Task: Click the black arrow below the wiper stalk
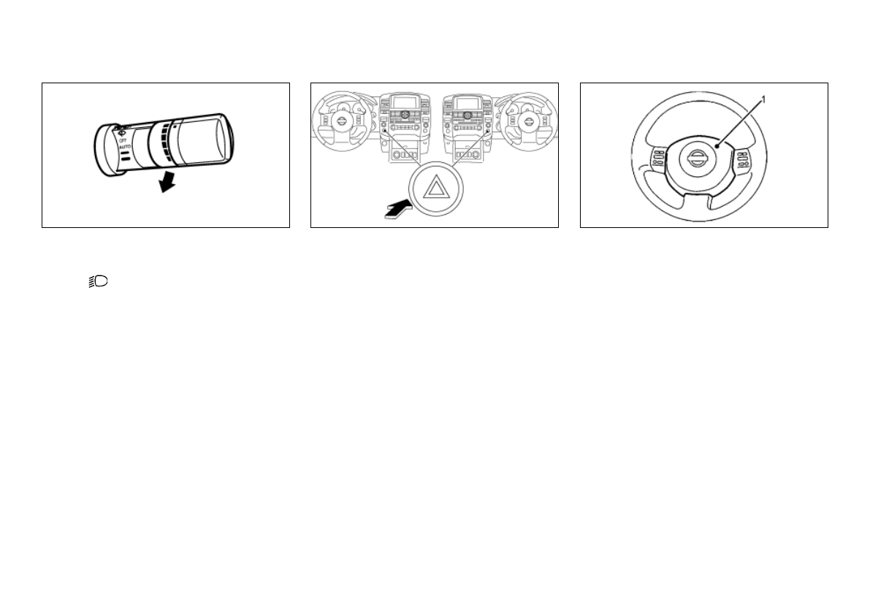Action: (167, 182)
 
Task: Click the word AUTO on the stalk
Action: (123, 146)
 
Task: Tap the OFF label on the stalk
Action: (122, 140)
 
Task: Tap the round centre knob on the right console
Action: (466, 115)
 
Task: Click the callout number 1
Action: (763, 98)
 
